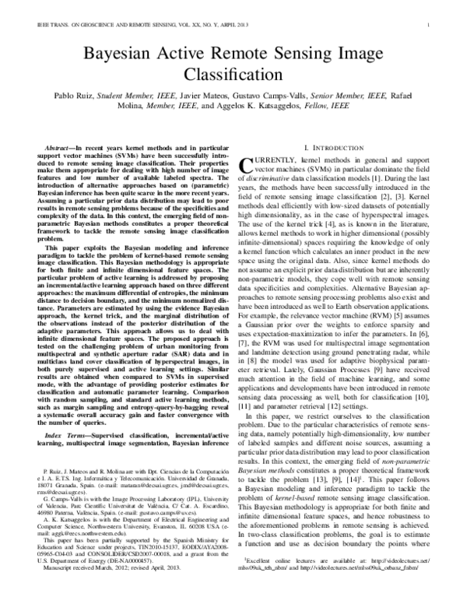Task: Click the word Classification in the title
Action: [233, 76]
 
